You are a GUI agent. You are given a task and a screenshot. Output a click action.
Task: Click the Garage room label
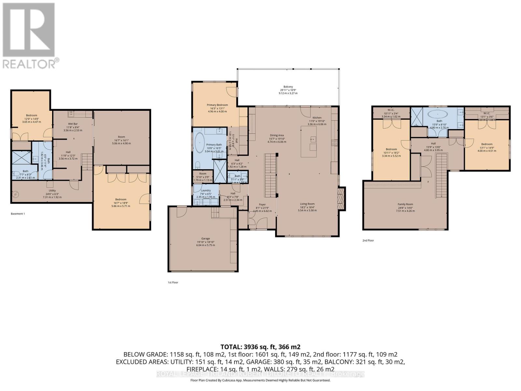click(x=205, y=239)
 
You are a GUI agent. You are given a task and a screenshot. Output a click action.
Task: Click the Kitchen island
click(x=308, y=142)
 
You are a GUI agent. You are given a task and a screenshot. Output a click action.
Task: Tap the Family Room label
click(x=405, y=204)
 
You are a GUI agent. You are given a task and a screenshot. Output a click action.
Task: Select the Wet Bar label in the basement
click(x=73, y=124)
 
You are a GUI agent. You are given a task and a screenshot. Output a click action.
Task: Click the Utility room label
click(x=52, y=191)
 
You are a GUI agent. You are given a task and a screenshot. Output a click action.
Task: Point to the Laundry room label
click(x=206, y=190)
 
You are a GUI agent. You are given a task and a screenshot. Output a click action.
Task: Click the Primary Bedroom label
click(x=217, y=105)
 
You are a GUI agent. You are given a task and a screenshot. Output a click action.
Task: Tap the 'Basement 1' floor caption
click(x=18, y=214)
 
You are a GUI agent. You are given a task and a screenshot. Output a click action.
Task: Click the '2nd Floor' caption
click(x=368, y=240)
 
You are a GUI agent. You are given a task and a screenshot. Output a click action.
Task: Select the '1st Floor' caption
click(x=173, y=282)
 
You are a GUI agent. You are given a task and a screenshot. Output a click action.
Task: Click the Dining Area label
click(x=277, y=135)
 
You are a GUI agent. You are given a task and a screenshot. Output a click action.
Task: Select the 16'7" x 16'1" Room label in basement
click(x=121, y=137)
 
